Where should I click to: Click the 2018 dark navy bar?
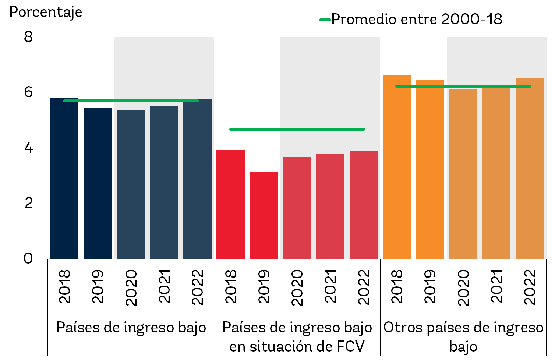[x=64, y=179]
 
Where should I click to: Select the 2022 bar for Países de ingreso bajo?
[x=197, y=179]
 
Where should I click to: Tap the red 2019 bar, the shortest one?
[x=264, y=215]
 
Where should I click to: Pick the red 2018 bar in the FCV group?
[x=230, y=205]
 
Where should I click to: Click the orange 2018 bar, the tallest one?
[x=397, y=167]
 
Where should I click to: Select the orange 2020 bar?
[x=463, y=174]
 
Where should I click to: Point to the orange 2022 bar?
[x=530, y=169]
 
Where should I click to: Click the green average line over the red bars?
[x=297, y=129]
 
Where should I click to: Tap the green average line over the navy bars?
[x=131, y=100]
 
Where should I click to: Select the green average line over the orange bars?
[x=463, y=86]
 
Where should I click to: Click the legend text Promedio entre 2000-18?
[x=417, y=19]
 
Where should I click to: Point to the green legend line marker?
[x=325, y=20]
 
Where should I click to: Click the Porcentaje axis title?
[x=46, y=13]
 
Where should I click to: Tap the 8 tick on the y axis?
[x=28, y=37]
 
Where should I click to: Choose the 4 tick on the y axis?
[x=28, y=148]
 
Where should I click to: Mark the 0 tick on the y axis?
[x=28, y=258]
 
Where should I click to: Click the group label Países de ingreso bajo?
[x=131, y=327]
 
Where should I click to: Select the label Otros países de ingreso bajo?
[x=463, y=336]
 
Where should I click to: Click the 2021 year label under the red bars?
[x=330, y=286]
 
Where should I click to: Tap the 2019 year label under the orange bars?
[x=430, y=286]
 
